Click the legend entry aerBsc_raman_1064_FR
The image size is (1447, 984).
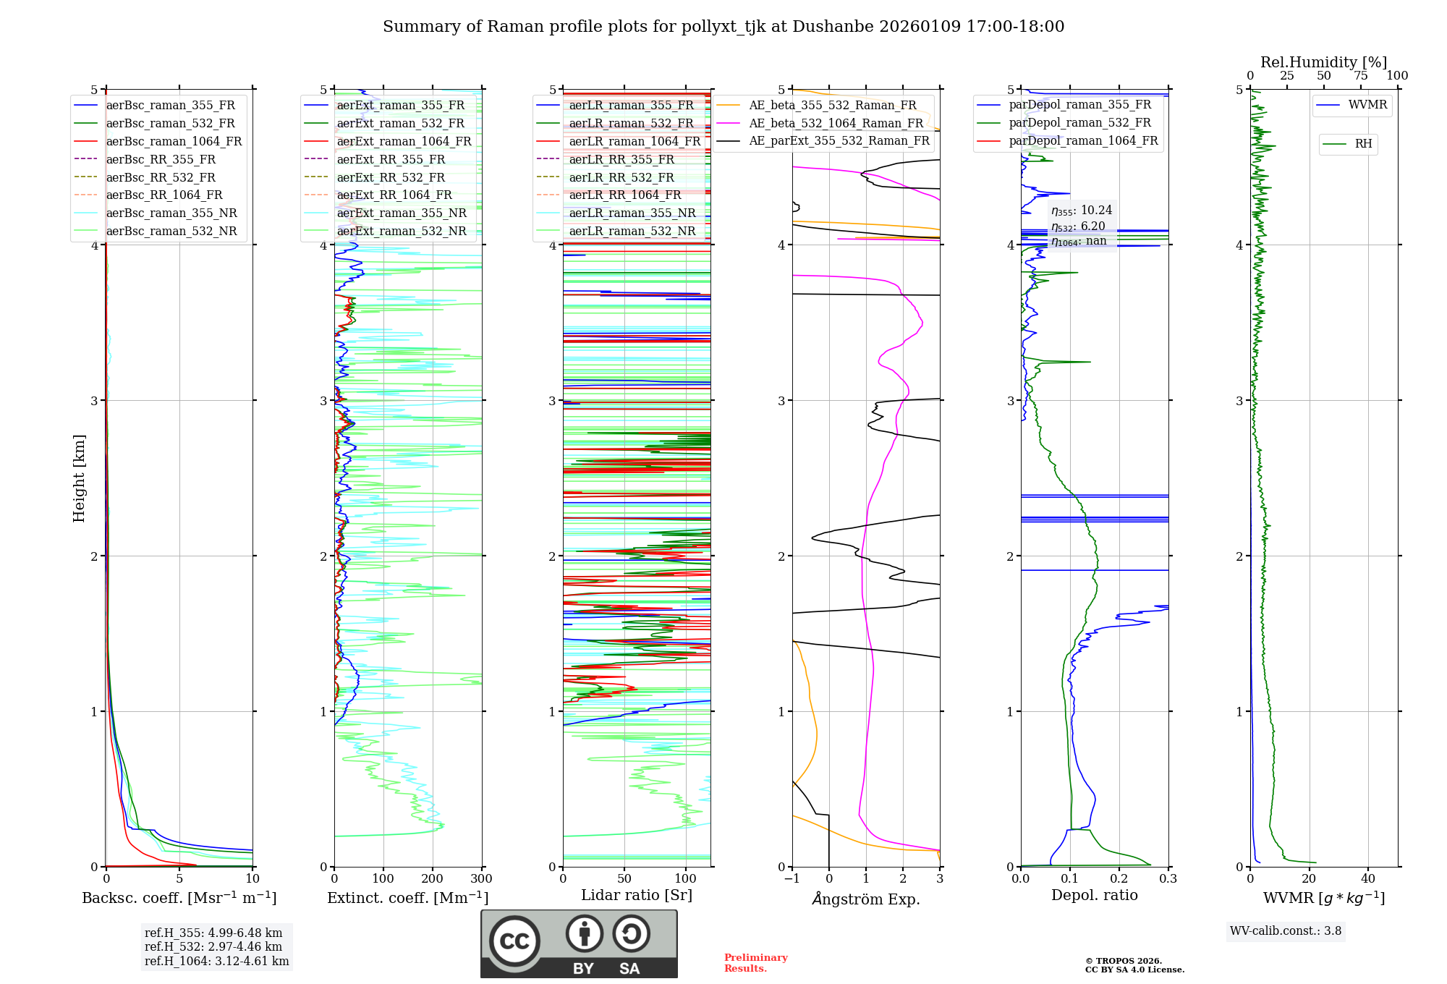tap(174, 142)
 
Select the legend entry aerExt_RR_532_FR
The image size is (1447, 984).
tap(391, 177)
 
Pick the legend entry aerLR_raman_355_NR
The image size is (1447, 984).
tap(632, 213)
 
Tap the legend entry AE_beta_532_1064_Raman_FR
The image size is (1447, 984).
tap(836, 123)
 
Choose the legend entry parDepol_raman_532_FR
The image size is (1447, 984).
tap(1079, 123)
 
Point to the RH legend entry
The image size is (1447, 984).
tap(1363, 144)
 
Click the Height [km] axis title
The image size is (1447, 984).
tap(79, 478)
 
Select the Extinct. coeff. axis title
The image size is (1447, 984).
tap(408, 898)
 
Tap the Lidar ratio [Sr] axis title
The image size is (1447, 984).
tap(637, 895)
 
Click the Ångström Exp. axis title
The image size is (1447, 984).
tap(866, 899)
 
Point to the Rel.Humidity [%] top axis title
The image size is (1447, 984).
tap(1323, 62)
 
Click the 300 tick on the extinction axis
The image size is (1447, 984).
tap(481, 879)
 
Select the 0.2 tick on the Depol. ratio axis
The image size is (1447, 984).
tap(1119, 879)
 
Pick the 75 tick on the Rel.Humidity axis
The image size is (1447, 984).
tap(1361, 75)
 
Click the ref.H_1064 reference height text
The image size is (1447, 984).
tap(216, 962)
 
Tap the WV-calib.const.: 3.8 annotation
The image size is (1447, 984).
tap(1286, 931)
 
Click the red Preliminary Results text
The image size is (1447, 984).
tap(756, 963)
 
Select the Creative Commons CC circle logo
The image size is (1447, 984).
tap(514, 941)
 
